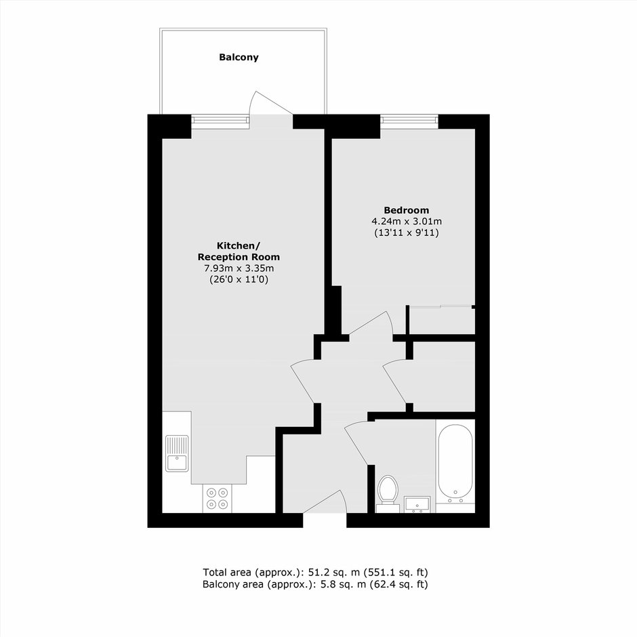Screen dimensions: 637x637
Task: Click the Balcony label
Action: tap(239, 58)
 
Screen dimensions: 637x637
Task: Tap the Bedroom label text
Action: tap(406, 210)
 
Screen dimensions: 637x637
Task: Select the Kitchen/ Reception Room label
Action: tap(239, 251)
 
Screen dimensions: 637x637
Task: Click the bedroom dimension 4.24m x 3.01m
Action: tap(406, 222)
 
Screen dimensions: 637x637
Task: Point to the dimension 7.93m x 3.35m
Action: tap(239, 268)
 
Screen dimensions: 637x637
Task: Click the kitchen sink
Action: tap(177, 453)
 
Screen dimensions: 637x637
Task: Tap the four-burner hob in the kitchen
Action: tap(218, 499)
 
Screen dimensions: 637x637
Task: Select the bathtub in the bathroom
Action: tap(455, 463)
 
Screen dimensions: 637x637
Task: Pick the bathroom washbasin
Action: tap(417, 504)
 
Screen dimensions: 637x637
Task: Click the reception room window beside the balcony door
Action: tap(220, 121)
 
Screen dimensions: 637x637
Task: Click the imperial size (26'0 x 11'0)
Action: tap(239, 279)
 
